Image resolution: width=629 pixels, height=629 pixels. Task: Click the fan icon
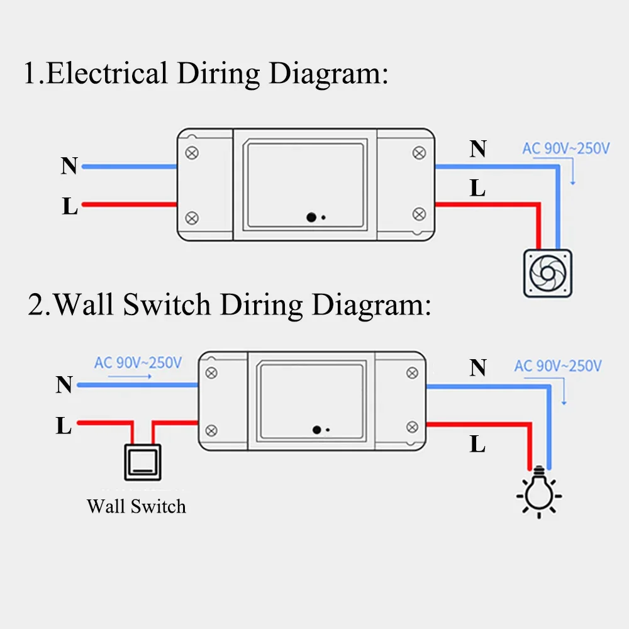coord(548,274)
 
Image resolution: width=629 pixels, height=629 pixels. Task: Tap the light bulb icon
coord(539,493)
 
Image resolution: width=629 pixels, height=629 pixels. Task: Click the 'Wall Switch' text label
coord(136,506)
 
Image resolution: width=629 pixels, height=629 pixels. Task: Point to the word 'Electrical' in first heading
coord(106,74)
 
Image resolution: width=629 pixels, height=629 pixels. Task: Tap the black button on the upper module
coord(311,218)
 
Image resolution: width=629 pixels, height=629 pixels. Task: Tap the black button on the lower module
coord(317,430)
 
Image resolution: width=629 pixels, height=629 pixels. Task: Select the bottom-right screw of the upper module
coord(418,214)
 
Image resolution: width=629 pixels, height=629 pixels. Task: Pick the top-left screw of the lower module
coord(213,372)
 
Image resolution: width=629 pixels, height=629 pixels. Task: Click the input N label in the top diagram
coord(69,166)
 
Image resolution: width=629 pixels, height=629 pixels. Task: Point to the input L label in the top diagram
coord(70,206)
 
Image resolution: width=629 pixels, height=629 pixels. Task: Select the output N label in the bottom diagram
coord(478,368)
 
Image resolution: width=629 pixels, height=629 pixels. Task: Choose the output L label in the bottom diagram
coord(478,445)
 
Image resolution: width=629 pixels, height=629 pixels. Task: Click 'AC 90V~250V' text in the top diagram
coord(566,149)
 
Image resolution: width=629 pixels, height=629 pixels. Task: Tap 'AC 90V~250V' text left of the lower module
coord(138,363)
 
